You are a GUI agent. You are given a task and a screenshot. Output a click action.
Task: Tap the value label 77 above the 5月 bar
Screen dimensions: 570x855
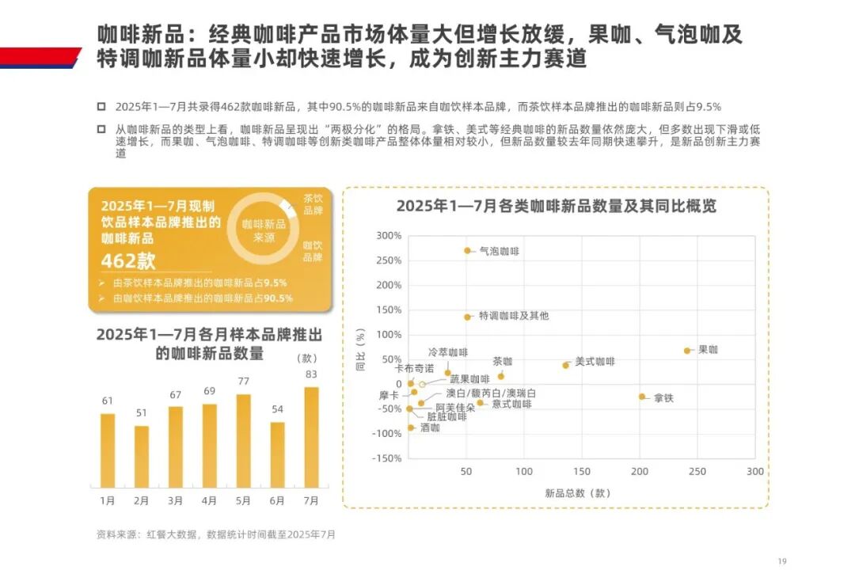click(x=243, y=381)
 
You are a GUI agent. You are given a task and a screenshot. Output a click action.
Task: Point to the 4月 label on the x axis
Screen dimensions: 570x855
click(x=209, y=500)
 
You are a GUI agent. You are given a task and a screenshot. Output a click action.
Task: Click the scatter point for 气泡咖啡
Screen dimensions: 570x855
click(x=467, y=251)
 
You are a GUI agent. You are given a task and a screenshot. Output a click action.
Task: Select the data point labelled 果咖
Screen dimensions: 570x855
click(x=687, y=351)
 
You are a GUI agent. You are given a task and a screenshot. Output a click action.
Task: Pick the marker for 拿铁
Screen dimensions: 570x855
click(x=642, y=397)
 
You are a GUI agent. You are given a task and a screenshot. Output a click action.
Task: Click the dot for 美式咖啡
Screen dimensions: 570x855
click(x=565, y=365)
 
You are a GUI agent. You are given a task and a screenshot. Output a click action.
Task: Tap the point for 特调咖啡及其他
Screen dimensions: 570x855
click(x=467, y=317)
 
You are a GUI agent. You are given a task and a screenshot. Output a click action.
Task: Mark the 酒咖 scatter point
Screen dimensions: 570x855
click(x=411, y=427)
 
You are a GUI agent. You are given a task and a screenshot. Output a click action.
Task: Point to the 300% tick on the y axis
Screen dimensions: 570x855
click(x=389, y=236)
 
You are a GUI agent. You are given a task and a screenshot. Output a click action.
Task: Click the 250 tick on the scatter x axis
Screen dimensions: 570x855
click(x=697, y=472)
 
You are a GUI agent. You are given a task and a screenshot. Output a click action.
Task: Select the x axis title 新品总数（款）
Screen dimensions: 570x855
click(x=578, y=492)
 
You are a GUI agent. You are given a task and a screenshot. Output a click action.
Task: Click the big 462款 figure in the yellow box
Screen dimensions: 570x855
click(x=128, y=261)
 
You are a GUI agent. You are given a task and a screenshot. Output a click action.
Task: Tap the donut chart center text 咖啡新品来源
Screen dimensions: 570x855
click(x=264, y=230)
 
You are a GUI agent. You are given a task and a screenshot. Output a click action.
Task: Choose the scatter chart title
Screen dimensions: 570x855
click(x=556, y=206)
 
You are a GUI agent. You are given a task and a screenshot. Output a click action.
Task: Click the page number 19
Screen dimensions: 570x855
click(x=783, y=559)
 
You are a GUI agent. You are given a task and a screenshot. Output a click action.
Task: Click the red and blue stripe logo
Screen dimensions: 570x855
click(x=40, y=58)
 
